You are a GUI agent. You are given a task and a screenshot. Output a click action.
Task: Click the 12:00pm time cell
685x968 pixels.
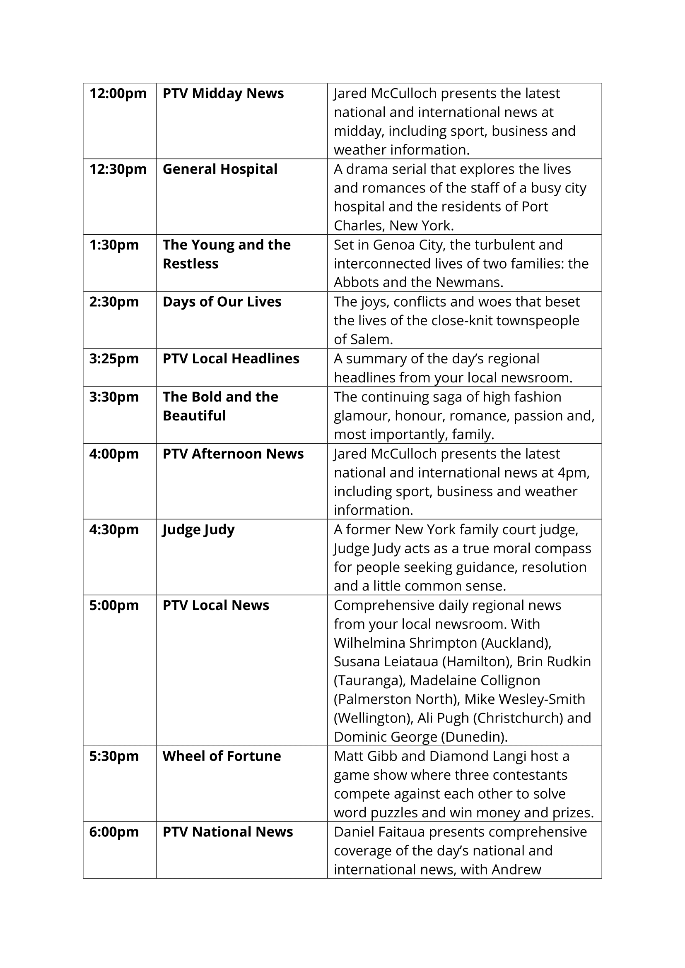[118, 94]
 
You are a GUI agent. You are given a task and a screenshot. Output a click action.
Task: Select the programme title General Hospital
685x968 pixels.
[220, 169]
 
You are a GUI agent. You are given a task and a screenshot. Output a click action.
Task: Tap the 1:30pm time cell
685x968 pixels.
[114, 245]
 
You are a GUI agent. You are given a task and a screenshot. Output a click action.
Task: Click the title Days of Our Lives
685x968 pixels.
[222, 302]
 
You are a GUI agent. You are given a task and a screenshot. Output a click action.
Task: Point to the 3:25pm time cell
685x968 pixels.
[114, 359]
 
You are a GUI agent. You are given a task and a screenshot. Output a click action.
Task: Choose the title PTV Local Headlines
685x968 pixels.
[231, 359]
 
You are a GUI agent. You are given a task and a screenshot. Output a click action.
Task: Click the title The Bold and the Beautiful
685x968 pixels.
[220, 406]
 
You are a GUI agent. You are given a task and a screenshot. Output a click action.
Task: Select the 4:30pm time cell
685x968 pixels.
[114, 530]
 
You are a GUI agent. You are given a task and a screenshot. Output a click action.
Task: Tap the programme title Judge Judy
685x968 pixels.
[198, 530]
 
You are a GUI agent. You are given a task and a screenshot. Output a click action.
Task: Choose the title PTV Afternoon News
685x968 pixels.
[233, 454]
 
